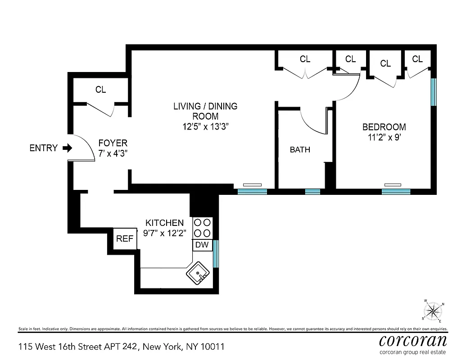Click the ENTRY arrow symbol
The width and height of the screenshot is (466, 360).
[67, 148]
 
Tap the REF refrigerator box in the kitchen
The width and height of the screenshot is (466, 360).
[125, 239]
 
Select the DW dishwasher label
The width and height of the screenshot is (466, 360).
[202, 245]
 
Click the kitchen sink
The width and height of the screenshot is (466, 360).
[197, 274]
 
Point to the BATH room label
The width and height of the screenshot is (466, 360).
[300, 150]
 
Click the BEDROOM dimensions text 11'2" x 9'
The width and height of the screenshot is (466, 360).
[384, 138]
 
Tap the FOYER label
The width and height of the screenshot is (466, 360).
[113, 143]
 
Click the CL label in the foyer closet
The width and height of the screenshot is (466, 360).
[100, 90]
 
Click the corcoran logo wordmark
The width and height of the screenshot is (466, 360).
[413, 340]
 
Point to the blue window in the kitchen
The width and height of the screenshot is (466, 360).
[216, 254]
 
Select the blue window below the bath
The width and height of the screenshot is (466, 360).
[312, 192]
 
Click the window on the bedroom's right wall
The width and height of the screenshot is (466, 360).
[434, 92]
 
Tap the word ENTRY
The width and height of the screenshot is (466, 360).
[43, 148]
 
